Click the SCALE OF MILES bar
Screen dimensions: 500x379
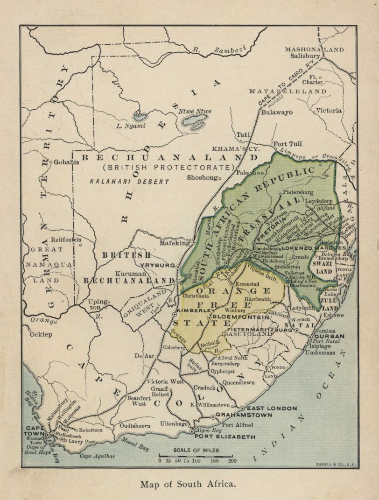tap(196, 455)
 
